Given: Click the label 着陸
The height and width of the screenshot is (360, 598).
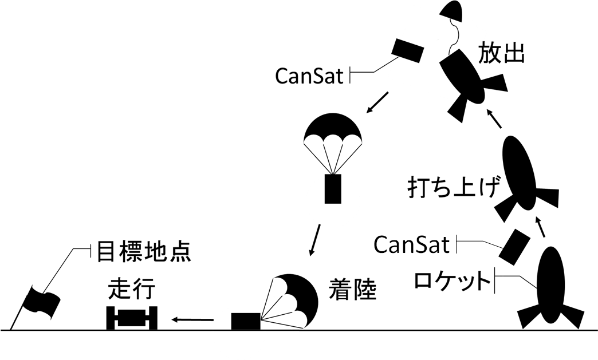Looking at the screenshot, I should pos(353,290).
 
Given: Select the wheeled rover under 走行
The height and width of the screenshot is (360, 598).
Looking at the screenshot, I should pos(133,318).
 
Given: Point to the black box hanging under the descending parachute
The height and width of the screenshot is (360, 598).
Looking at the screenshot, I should pos(333,188).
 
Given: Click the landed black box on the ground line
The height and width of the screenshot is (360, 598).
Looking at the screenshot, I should pos(246,321).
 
